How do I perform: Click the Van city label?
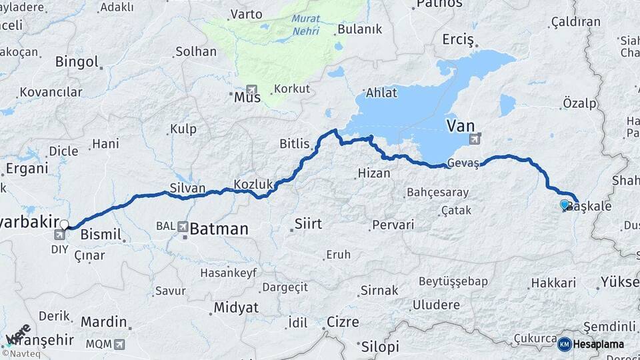(x=460, y=125)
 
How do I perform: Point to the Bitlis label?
(x=295, y=143)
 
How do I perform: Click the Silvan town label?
(x=187, y=189)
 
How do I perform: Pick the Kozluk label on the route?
(x=254, y=183)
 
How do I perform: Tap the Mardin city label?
(x=103, y=322)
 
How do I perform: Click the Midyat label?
(x=235, y=308)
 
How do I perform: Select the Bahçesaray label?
(x=437, y=193)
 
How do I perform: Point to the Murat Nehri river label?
(x=306, y=25)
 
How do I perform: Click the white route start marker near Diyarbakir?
(x=64, y=225)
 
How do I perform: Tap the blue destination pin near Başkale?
(x=565, y=205)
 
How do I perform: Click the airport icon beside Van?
(x=475, y=139)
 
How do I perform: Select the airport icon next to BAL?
(x=183, y=227)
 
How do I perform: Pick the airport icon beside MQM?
(x=119, y=345)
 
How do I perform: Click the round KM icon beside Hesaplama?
(x=564, y=344)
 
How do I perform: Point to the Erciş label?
(x=457, y=40)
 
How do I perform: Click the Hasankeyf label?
(x=228, y=273)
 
